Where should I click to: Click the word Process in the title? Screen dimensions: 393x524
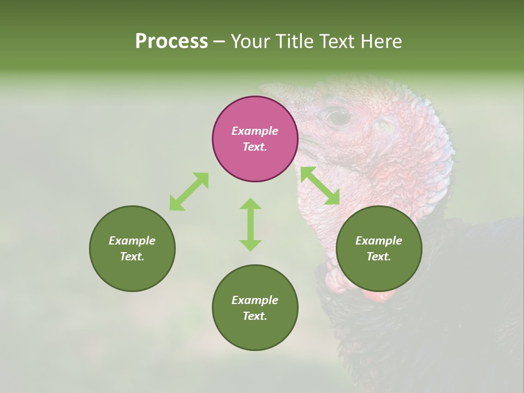tap(171, 41)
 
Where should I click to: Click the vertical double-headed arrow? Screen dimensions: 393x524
tap(251, 224)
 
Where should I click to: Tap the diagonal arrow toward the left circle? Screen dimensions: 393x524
tap(189, 192)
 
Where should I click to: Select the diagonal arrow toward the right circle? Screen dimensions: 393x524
tap(320, 186)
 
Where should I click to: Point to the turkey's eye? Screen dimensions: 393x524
tap(338, 116)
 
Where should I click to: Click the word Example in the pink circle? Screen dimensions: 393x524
tap(255, 131)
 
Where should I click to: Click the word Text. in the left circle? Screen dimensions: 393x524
tap(132, 257)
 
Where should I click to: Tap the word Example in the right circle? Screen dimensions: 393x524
tap(379, 241)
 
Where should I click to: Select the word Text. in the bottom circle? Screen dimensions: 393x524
tap(255, 316)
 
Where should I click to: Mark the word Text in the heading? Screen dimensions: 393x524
tap(337, 41)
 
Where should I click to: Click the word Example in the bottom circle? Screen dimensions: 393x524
tap(255, 300)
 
